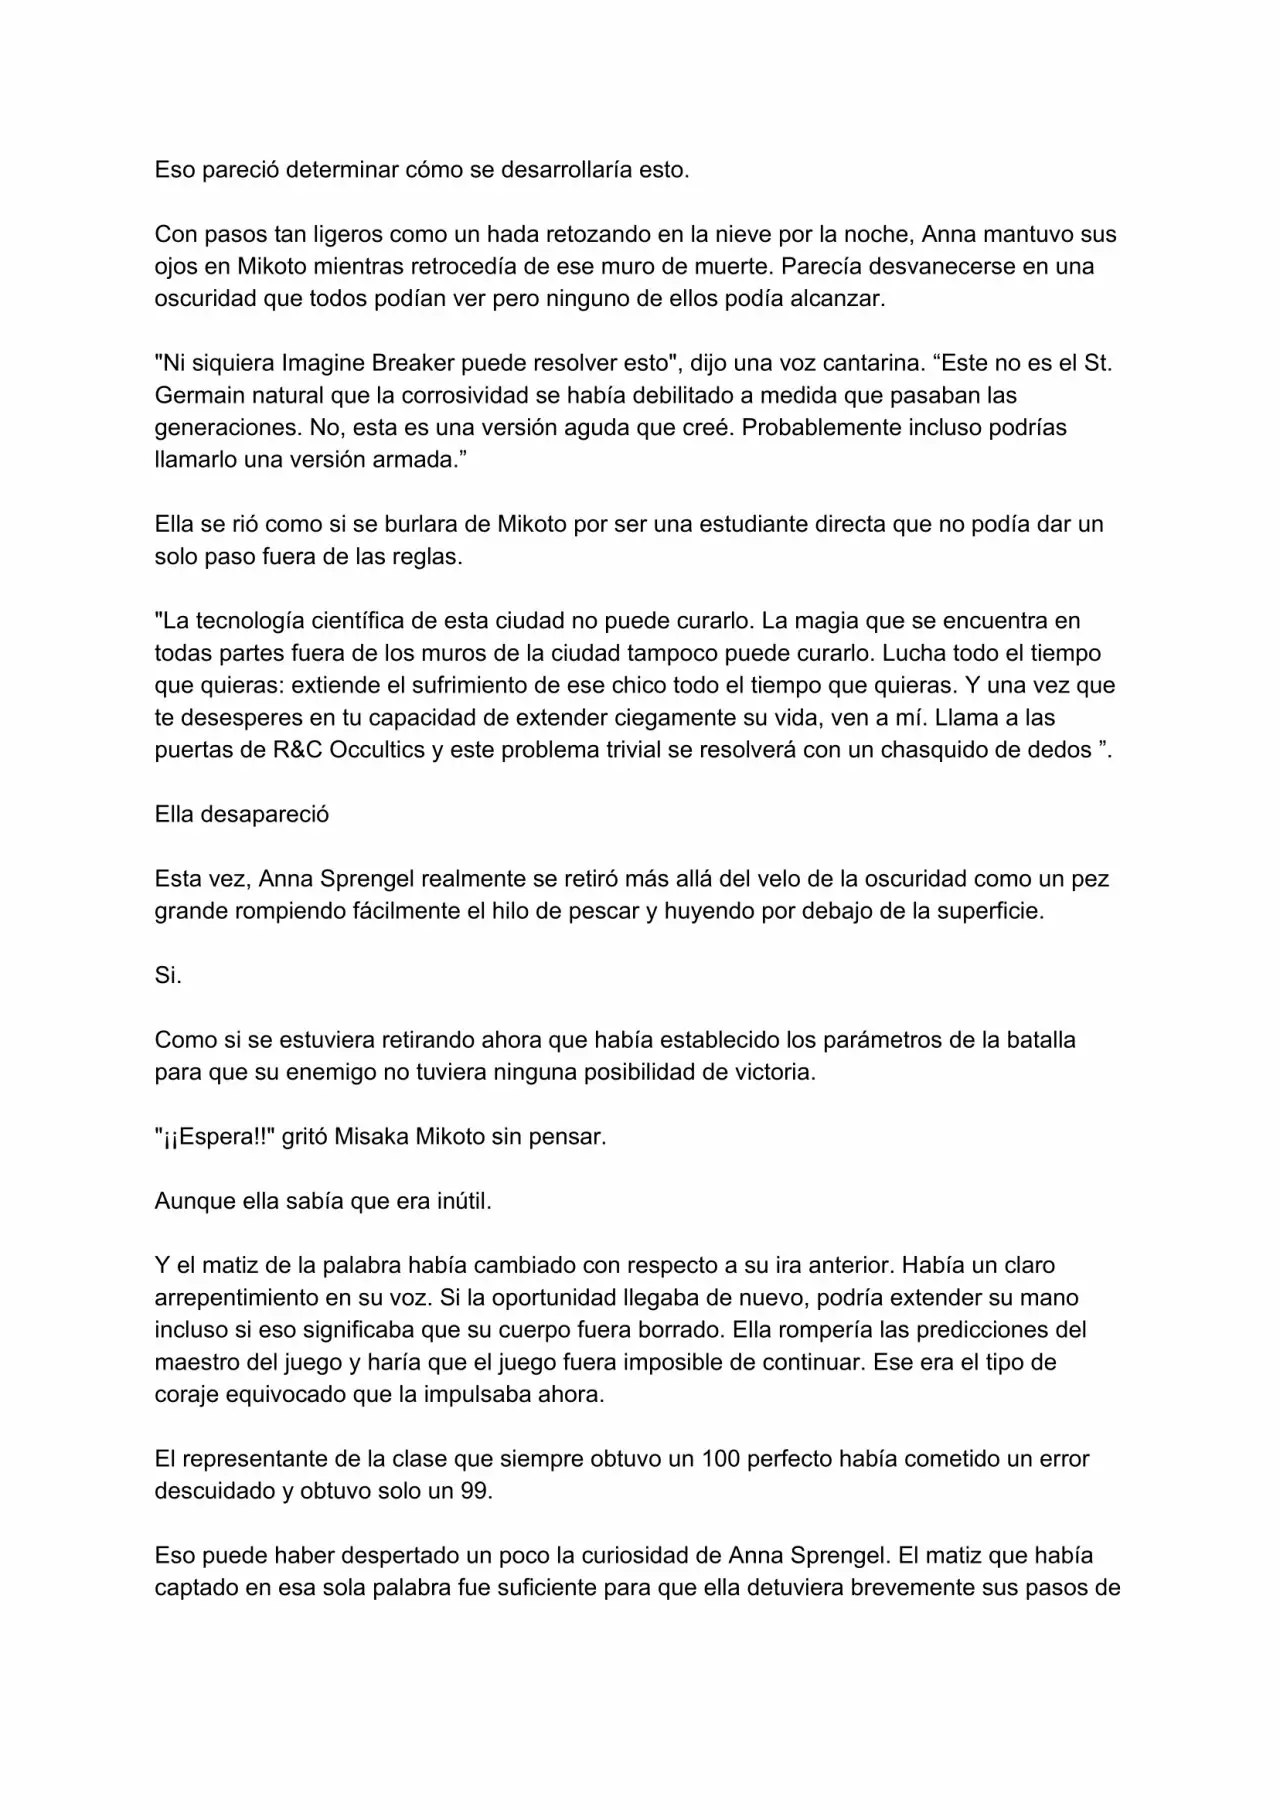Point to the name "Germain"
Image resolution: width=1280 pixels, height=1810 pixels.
(196, 395)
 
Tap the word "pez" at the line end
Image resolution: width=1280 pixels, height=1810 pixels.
(1090, 879)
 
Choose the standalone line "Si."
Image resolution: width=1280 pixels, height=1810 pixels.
(168, 975)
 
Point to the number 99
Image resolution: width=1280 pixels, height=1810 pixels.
(475, 1491)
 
